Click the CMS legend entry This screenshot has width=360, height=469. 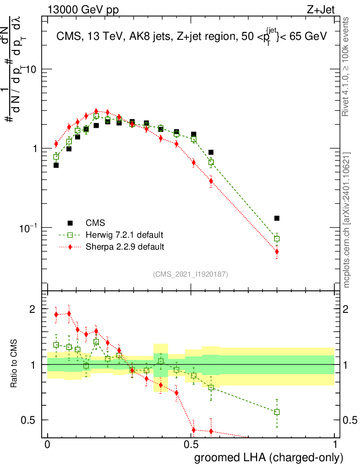tap(95, 223)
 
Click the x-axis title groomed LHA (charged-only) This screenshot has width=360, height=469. tap(269, 458)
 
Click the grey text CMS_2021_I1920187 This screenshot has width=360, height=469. tap(191, 274)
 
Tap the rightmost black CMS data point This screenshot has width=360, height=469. tap(277, 218)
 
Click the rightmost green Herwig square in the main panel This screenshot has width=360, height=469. tap(277, 239)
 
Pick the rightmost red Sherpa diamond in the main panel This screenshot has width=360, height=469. tap(277, 251)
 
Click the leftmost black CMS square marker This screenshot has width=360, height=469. tap(56, 165)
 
